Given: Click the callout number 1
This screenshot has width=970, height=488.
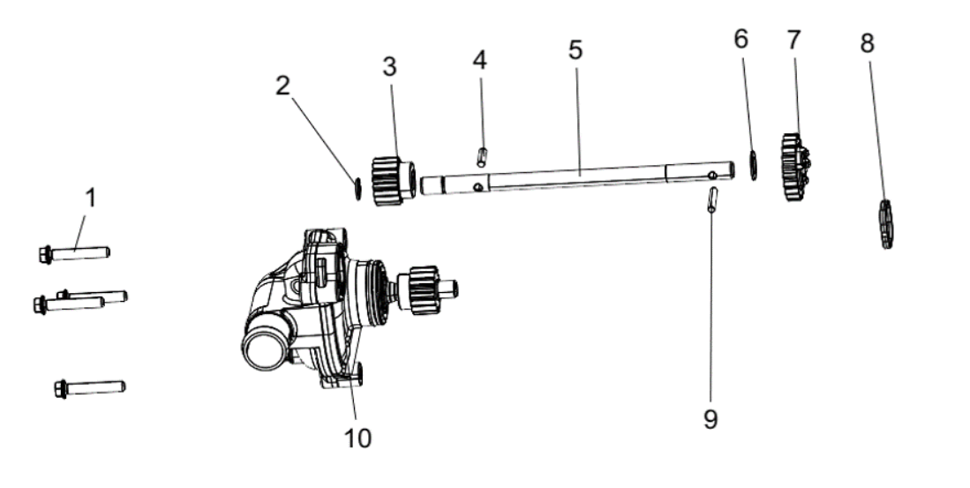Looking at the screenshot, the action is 91,199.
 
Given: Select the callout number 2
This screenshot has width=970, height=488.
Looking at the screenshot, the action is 282,86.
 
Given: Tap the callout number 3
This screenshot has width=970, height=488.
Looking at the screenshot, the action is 389,67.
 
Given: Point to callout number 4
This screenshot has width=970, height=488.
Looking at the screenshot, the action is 479,60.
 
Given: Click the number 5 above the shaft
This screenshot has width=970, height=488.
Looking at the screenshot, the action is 575,50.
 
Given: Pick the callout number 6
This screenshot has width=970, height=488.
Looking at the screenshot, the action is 741,39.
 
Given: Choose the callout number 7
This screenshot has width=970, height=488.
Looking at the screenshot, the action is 793,41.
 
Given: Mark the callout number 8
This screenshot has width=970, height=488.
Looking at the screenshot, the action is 868,43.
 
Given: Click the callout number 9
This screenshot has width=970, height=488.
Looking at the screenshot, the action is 711,419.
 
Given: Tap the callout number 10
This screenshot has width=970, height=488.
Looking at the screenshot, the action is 357,438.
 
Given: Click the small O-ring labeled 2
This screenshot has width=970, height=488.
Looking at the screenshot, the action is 357,189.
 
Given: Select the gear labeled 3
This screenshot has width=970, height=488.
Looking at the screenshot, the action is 393,181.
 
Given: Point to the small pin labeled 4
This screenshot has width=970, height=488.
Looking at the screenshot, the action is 482,157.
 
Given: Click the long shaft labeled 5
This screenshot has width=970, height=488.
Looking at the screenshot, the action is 577,177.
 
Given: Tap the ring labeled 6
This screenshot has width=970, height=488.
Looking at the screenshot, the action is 753,165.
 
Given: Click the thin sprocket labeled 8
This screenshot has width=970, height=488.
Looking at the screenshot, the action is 886,224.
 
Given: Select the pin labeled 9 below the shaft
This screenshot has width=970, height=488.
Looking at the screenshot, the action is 712,199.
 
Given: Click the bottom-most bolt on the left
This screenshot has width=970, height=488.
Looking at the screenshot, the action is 90,388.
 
